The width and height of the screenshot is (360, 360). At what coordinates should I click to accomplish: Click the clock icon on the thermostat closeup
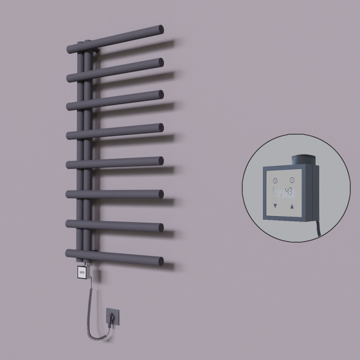click(x=275, y=180)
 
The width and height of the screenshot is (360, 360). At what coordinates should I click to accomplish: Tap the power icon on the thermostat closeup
click(x=292, y=180)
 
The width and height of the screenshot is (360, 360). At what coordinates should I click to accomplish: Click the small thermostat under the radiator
click(x=82, y=271)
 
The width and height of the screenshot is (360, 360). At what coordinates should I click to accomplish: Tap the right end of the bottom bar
click(x=160, y=260)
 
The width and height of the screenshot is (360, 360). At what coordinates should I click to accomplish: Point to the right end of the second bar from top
click(x=160, y=62)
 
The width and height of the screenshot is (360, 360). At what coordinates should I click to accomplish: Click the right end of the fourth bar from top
click(x=160, y=128)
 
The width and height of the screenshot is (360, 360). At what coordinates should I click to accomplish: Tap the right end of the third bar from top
click(x=160, y=94)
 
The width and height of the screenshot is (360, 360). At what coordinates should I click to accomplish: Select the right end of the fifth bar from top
click(x=160, y=161)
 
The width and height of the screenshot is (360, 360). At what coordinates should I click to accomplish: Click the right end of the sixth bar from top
click(x=160, y=193)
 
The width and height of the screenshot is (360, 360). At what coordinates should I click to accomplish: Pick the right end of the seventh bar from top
click(x=160, y=227)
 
